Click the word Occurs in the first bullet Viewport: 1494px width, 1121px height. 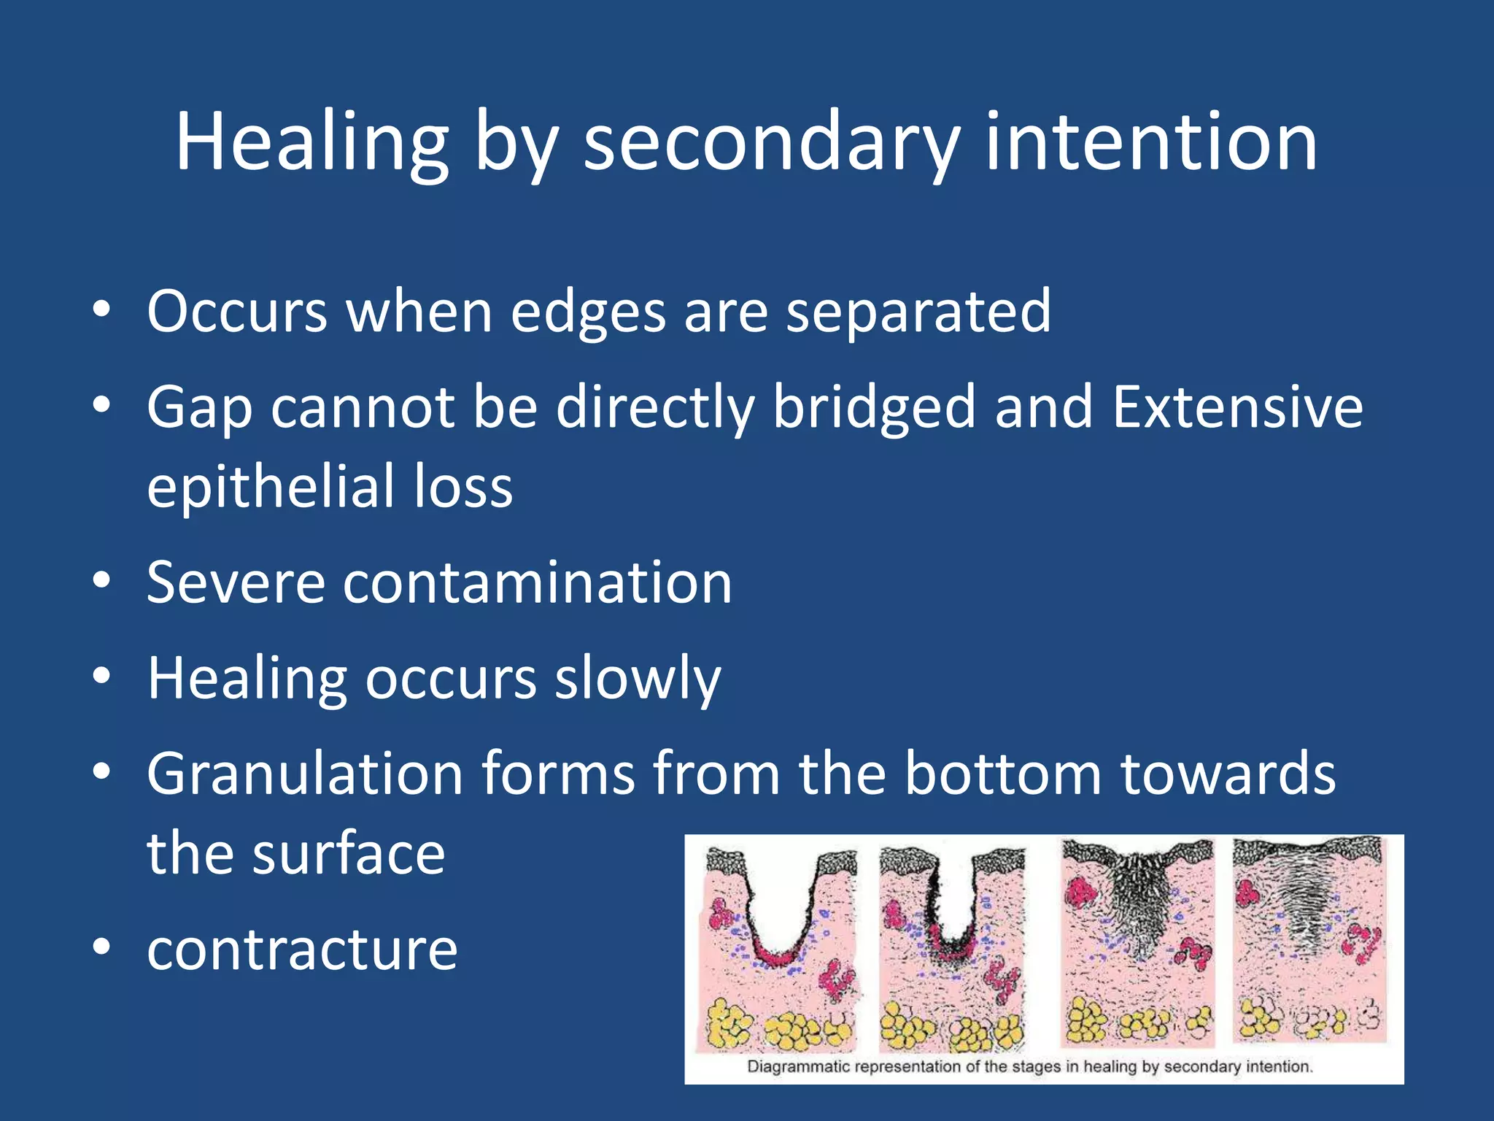[x=237, y=312]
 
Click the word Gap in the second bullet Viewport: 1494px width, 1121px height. [x=199, y=409]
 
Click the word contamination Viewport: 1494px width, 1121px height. [x=537, y=583]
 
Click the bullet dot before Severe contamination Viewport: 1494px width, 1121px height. [x=101, y=582]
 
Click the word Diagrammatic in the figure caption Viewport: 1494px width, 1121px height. [x=798, y=1066]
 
